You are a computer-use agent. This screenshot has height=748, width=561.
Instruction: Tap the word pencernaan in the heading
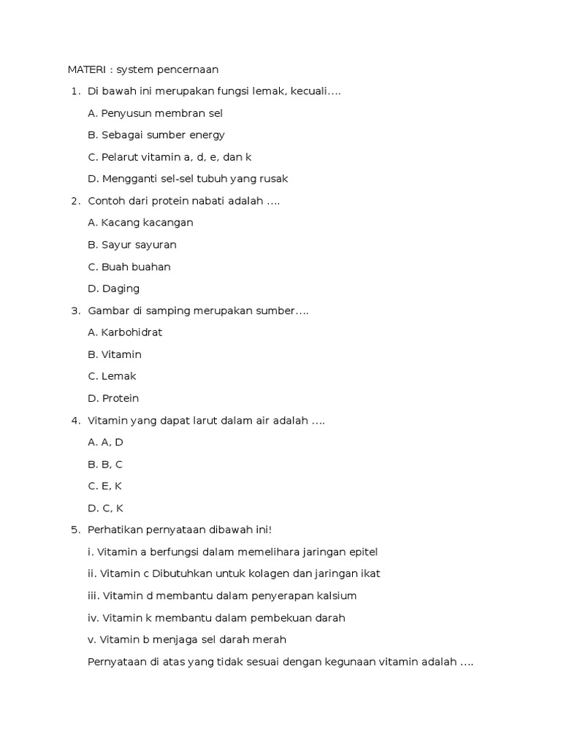tap(186, 69)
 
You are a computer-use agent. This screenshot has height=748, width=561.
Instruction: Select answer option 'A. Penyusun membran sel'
tap(155, 113)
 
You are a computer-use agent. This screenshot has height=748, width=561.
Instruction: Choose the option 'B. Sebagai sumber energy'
tap(156, 135)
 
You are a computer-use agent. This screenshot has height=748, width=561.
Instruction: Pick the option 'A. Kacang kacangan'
tap(140, 223)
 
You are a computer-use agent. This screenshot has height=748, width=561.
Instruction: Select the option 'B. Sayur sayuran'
tap(131, 245)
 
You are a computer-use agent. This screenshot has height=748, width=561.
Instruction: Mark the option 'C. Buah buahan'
tap(129, 267)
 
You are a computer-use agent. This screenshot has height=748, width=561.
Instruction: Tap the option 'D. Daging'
tap(113, 289)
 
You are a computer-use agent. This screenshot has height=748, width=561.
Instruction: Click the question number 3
tap(75, 310)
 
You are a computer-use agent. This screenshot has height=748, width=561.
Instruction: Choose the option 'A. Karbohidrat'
tap(125, 332)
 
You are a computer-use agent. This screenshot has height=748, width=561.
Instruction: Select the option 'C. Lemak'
tap(112, 376)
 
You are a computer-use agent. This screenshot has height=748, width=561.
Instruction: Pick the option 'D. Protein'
tap(113, 398)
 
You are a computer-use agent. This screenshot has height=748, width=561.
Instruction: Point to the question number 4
tap(75, 421)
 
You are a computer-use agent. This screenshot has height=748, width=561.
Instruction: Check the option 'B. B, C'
tap(105, 465)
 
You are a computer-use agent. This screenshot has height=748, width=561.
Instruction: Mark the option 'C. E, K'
tap(104, 486)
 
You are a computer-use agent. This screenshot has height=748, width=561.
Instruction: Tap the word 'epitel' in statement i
tap(362, 552)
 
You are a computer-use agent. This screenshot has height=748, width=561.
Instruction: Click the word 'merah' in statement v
tap(270, 640)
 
